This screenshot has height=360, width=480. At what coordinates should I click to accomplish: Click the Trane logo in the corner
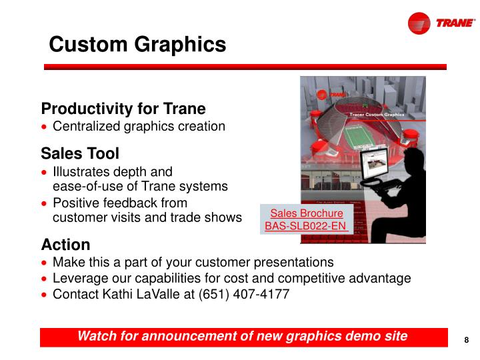point(441,24)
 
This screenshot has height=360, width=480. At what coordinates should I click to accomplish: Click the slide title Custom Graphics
point(137,45)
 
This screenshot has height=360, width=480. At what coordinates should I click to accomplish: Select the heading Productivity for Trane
point(123,109)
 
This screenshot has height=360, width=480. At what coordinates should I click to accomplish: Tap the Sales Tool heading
point(80,154)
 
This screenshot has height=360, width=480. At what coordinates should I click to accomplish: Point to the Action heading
point(65,244)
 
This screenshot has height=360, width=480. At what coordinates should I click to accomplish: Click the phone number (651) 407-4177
point(243,294)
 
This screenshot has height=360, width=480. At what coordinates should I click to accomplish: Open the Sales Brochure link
point(307,213)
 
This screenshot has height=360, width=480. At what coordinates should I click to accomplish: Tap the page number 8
point(467,340)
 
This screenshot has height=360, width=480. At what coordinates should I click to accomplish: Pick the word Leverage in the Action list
point(79,278)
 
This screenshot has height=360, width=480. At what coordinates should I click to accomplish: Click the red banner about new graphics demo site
point(242,336)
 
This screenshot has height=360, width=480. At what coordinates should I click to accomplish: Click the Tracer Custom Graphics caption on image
point(377,115)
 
